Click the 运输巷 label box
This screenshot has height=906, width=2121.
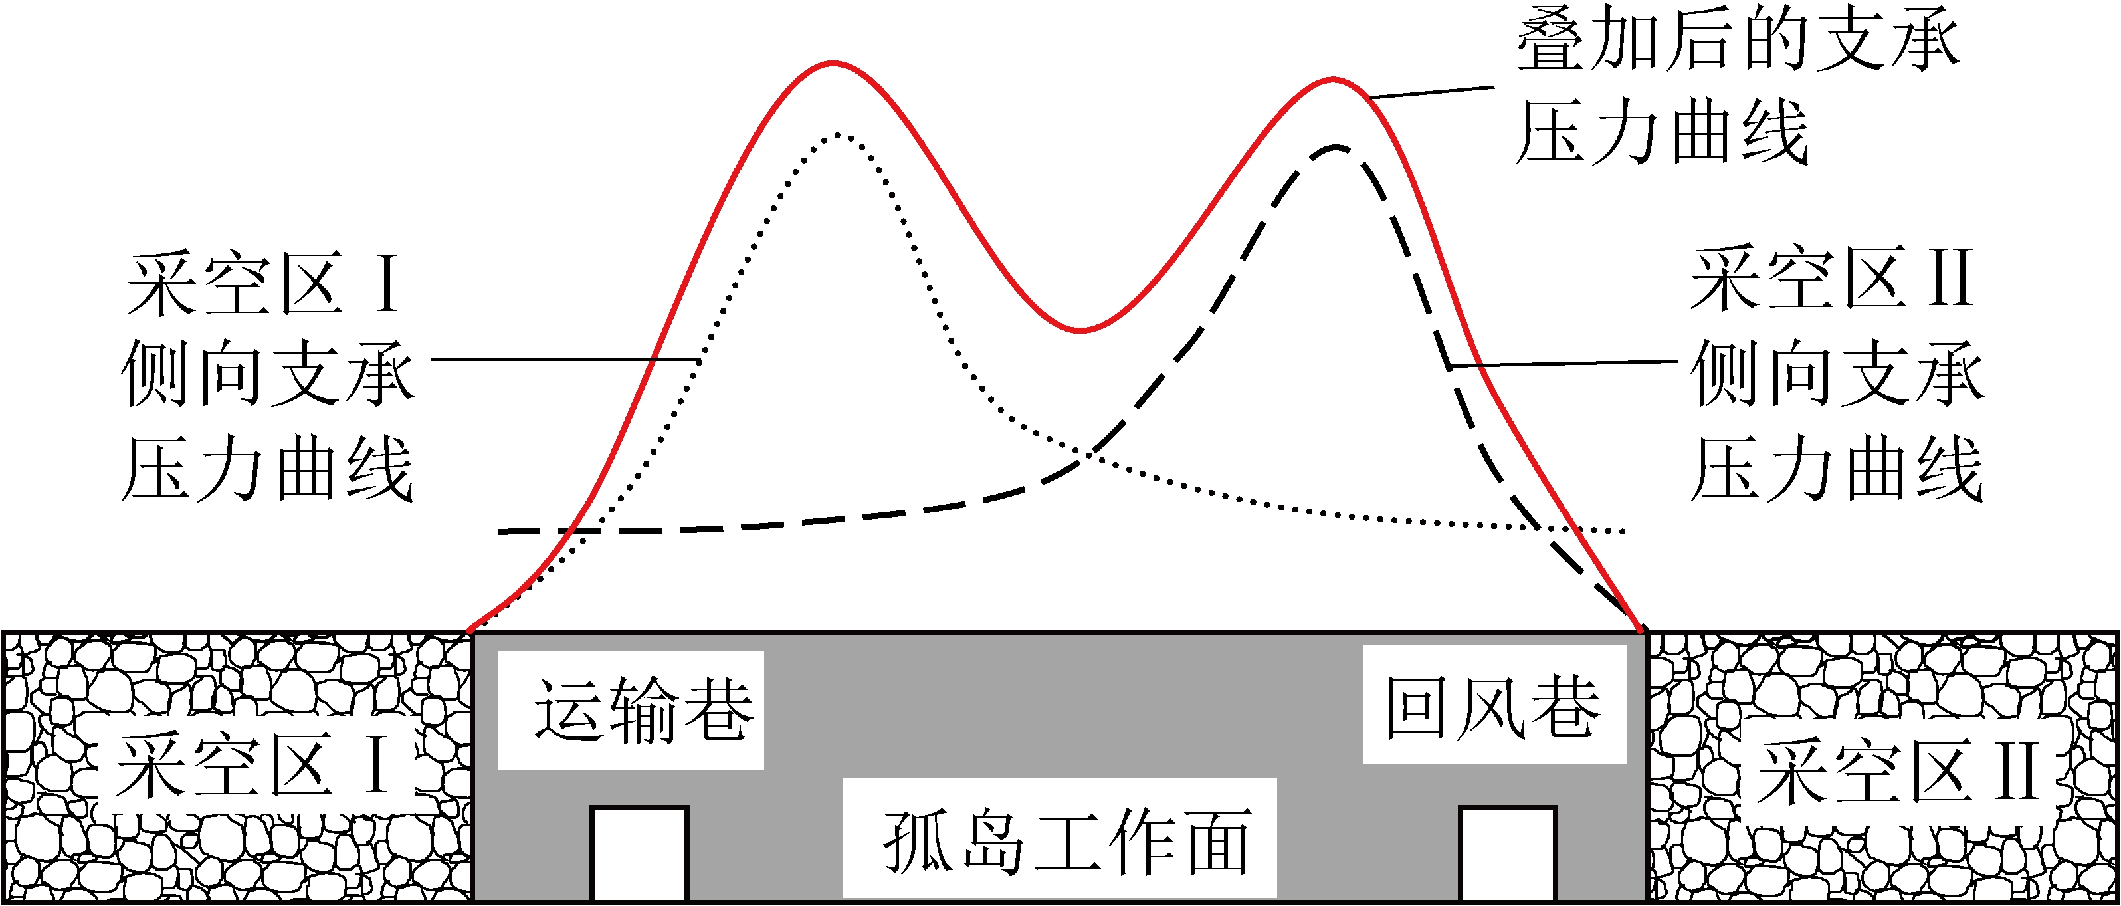(631, 710)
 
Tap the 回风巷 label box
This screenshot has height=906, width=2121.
(1494, 705)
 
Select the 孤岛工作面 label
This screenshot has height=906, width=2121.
(1059, 838)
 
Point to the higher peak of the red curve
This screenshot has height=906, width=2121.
(833, 62)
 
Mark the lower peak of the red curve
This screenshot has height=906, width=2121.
(1333, 80)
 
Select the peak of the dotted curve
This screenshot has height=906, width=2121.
(837, 134)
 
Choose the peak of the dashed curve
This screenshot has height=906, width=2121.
(1336, 148)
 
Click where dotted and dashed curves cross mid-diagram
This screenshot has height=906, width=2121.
(1088, 454)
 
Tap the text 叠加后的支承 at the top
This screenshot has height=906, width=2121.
(1738, 39)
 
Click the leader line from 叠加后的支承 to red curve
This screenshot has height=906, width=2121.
(1433, 92)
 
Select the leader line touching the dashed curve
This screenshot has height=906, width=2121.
(1564, 362)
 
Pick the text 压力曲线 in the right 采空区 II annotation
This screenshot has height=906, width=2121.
(1836, 468)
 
